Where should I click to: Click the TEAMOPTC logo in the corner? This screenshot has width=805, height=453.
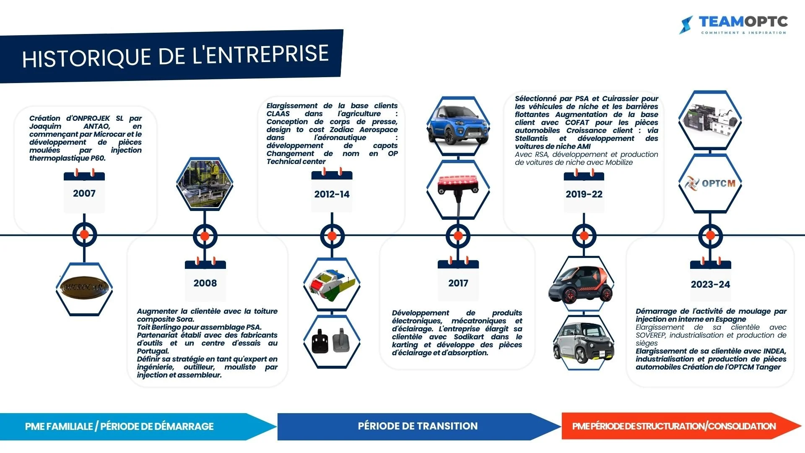point(734,24)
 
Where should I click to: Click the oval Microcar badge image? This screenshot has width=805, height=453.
point(84,288)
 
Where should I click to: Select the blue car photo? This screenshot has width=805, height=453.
point(458,125)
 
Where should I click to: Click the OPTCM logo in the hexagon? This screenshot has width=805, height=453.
point(710,183)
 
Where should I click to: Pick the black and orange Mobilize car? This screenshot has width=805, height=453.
point(581,284)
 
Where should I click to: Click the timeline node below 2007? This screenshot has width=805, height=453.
point(84,235)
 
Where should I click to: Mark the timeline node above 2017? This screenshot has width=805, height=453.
point(458,236)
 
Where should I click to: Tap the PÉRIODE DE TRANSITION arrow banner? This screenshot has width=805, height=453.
point(418,426)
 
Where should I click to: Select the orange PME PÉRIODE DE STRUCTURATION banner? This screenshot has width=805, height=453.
point(674,426)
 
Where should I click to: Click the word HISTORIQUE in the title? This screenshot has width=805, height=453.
point(86,58)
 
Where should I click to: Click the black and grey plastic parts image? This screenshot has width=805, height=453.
point(331,341)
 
